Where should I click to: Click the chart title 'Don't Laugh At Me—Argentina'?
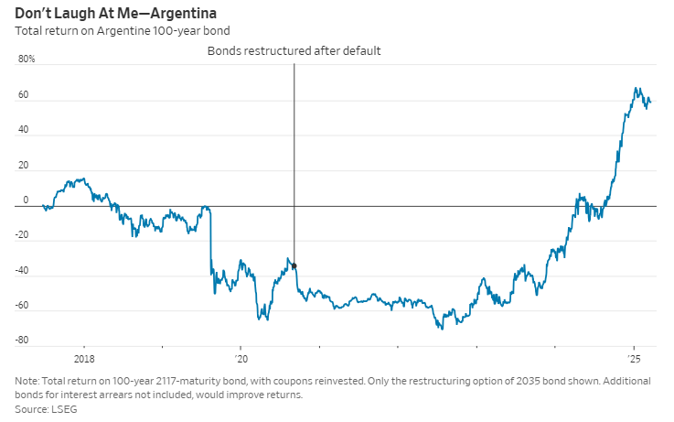coord(116,13)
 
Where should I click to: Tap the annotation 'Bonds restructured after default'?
coord(294,51)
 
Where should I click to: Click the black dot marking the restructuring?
coord(294,265)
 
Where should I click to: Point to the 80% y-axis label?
coord(27,60)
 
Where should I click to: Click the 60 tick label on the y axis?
coord(23,95)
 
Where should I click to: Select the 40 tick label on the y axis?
coord(23,130)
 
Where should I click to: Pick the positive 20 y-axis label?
coord(23,166)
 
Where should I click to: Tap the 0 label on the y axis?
coord(26,200)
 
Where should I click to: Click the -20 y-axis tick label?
coord(22,235)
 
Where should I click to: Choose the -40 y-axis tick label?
coord(22,271)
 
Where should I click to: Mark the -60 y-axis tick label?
coord(22,306)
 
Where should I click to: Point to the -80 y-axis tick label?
coord(22,341)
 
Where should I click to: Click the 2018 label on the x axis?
coord(84,358)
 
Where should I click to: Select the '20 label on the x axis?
coord(241,358)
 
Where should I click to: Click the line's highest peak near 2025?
coord(637,89)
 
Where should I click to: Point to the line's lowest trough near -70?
coord(442,328)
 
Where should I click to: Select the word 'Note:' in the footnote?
coord(28,382)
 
